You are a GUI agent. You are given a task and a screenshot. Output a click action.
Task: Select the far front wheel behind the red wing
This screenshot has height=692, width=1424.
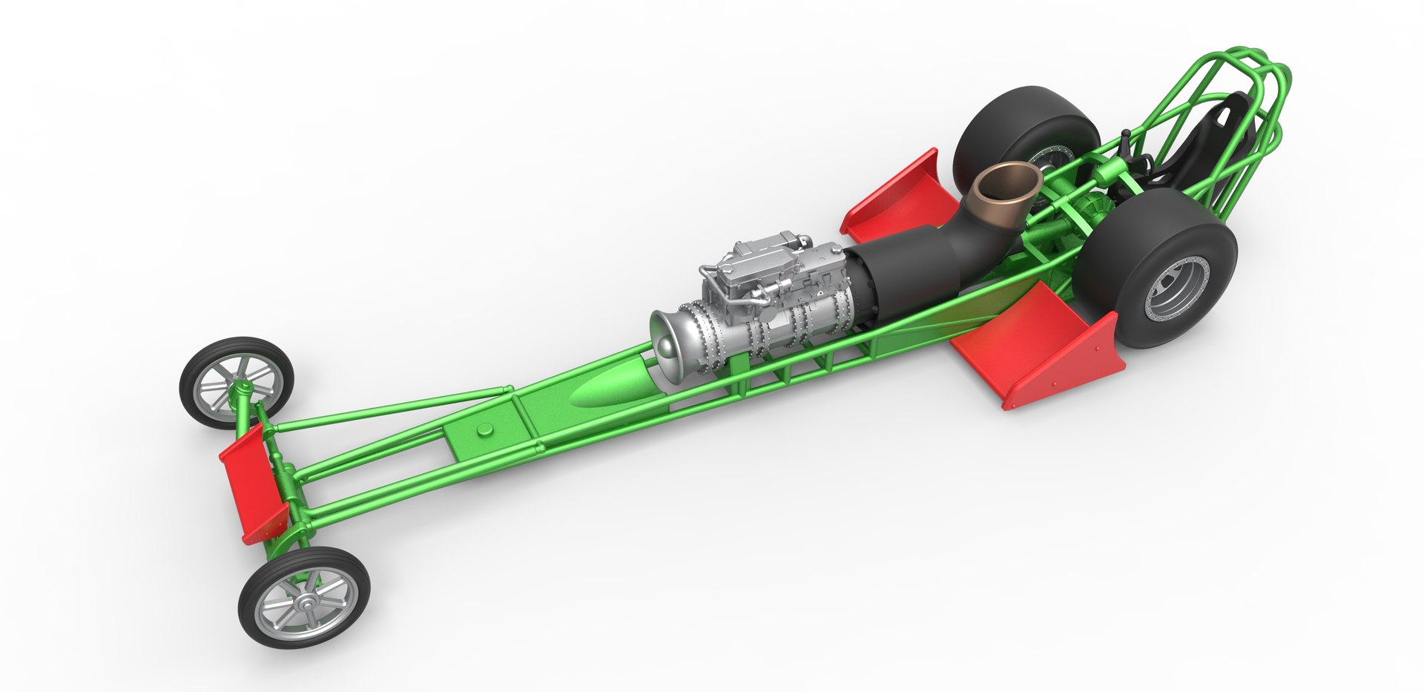(x=236, y=383)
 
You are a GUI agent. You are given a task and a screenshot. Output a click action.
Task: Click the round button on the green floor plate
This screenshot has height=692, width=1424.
(x=486, y=429)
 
